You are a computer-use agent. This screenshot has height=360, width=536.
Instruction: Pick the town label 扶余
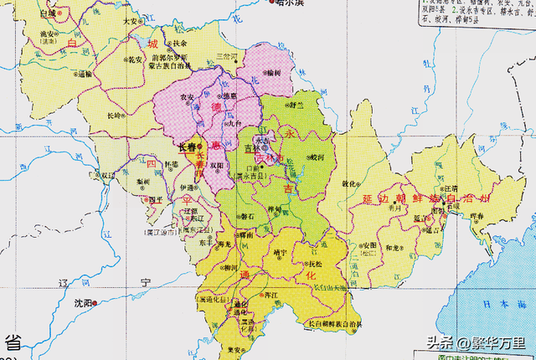[x=180, y=43]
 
